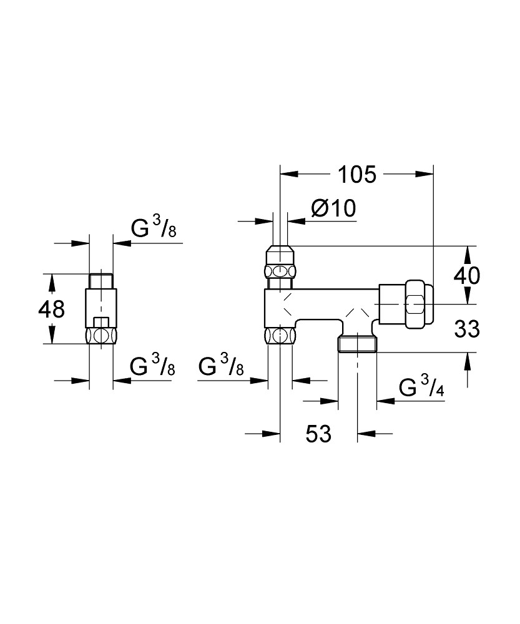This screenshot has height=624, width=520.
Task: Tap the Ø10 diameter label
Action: (333, 208)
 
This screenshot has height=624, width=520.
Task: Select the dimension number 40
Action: (467, 275)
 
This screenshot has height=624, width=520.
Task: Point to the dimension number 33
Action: (467, 329)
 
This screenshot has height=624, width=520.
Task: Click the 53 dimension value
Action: (318, 434)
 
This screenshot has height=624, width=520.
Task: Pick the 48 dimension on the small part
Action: (51, 309)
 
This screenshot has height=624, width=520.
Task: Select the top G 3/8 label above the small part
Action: (154, 228)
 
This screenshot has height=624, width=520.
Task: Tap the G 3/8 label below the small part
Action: (152, 365)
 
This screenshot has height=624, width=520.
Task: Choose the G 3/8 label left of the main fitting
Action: (221, 365)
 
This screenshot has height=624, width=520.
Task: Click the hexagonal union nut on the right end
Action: (415, 305)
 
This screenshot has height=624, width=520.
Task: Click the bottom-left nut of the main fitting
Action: (280, 336)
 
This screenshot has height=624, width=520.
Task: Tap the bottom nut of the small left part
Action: (101, 336)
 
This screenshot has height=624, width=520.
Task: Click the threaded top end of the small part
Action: (101, 281)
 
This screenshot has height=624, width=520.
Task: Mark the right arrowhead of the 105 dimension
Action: (424, 174)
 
